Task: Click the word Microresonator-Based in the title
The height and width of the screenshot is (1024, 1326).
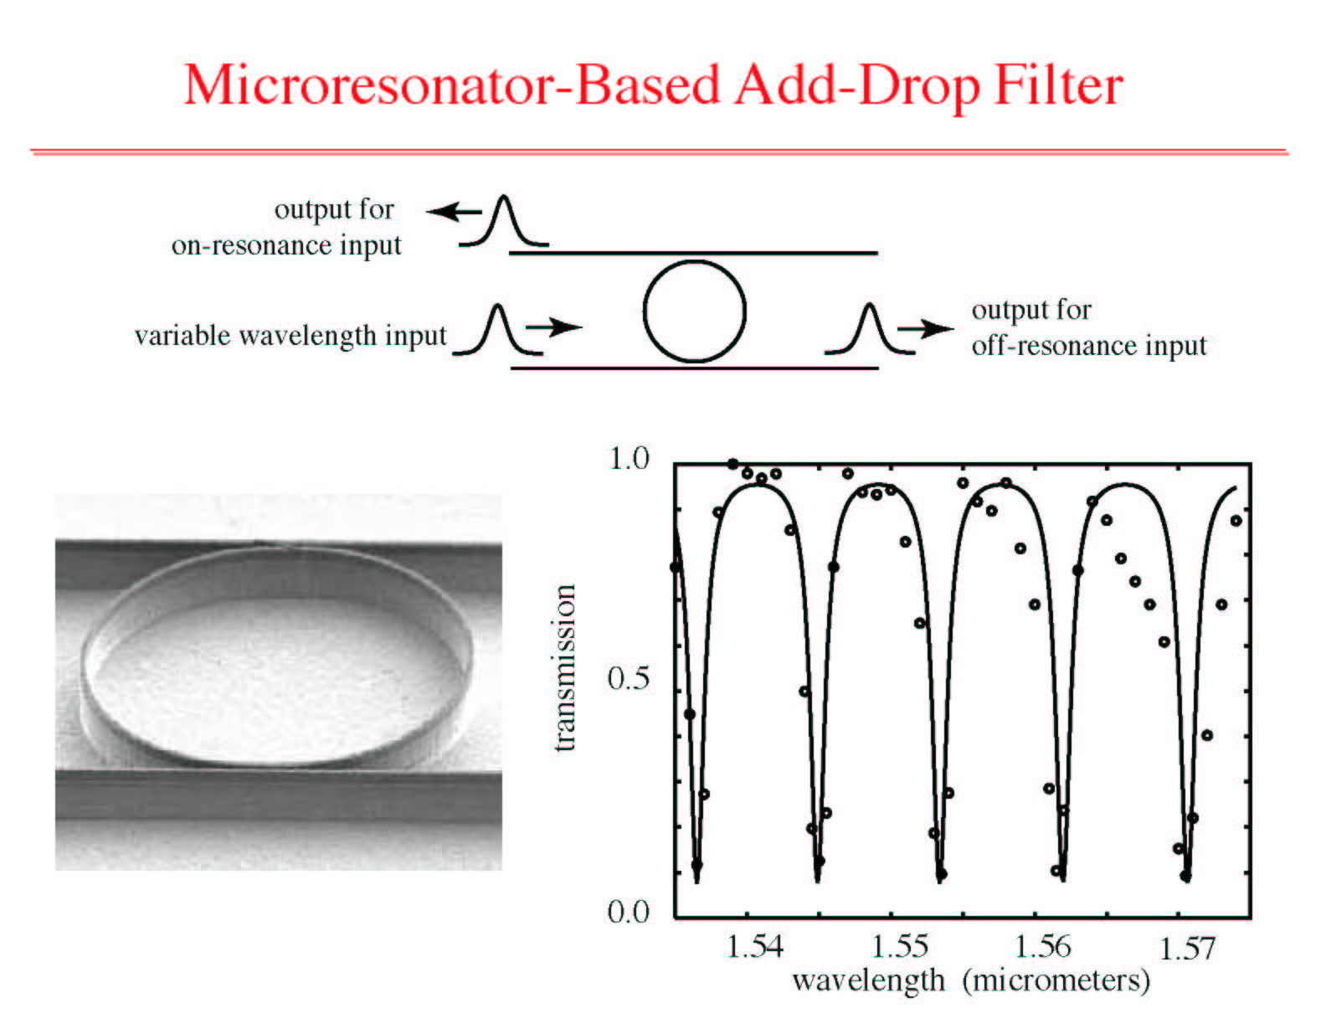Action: pos(451,86)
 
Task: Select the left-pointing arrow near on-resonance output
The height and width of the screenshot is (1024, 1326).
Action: pos(454,212)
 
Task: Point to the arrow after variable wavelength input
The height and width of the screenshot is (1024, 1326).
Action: pos(554,327)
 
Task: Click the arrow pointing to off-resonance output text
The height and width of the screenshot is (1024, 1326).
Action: pos(925,329)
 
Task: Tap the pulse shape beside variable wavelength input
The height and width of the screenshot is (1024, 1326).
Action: pos(498,330)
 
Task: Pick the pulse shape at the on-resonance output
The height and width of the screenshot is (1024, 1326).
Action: pos(504,221)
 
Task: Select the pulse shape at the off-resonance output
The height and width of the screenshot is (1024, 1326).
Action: pos(870,330)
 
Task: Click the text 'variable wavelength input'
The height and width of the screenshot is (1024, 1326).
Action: pos(290,337)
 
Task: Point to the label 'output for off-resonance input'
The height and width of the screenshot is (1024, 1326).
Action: pos(1089,327)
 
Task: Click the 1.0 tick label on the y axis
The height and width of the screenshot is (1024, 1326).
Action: pos(630,458)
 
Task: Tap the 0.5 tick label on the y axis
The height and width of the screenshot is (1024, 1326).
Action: pos(629,679)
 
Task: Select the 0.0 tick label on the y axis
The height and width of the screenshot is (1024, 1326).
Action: pos(629,913)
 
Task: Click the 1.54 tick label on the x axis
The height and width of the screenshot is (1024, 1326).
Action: pos(755,947)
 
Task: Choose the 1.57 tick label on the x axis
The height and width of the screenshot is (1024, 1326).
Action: pos(1187,949)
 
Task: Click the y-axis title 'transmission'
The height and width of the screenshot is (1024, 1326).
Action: pos(565,667)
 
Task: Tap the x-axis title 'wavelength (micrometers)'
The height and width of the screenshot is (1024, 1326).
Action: pos(971,982)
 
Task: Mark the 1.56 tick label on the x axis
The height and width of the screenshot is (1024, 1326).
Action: pos(1042,947)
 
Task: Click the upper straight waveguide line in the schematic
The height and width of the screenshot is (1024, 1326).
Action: pos(694,253)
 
